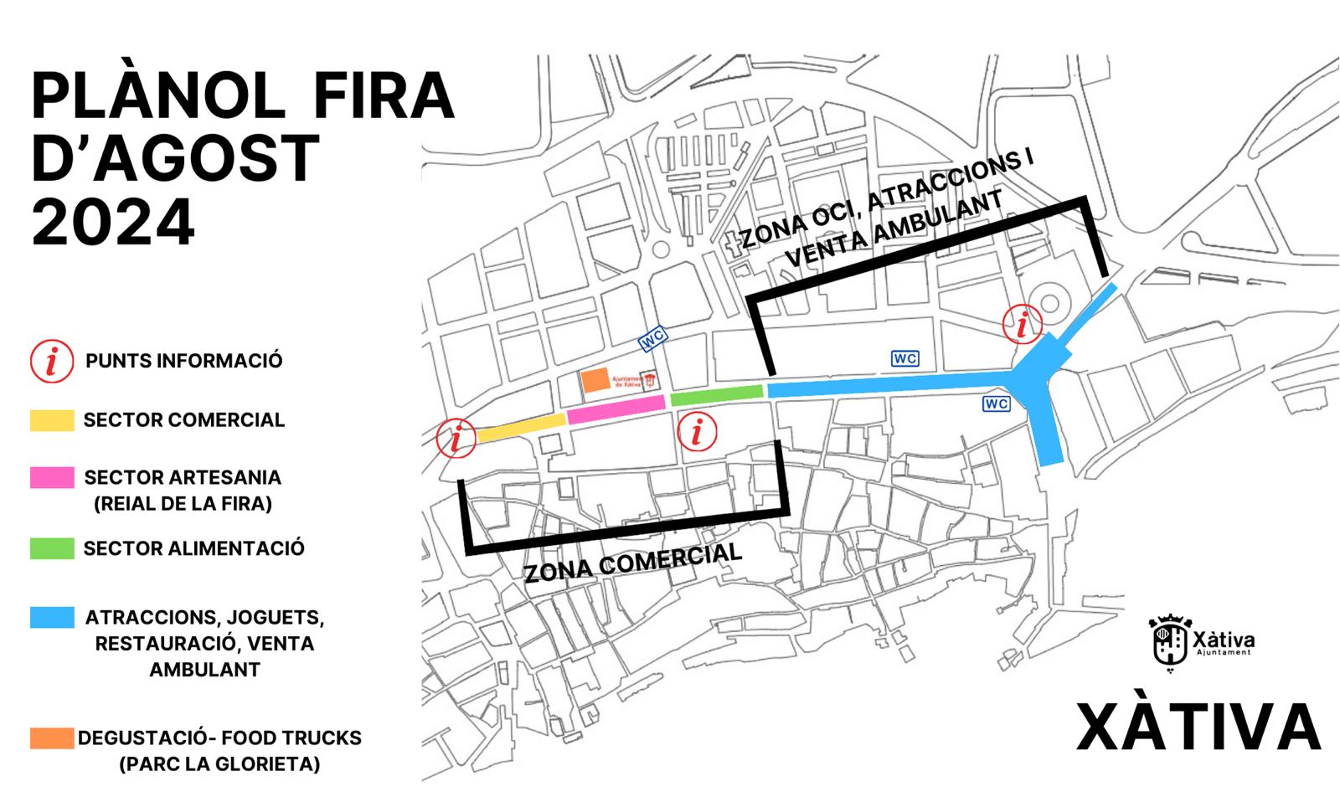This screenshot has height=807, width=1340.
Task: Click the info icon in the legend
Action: point(52,362)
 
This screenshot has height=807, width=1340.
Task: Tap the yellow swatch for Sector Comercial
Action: point(52,420)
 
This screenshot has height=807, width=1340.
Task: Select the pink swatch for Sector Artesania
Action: point(52,478)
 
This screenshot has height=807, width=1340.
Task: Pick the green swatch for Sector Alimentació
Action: point(52,548)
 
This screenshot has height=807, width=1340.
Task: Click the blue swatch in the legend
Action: point(52,618)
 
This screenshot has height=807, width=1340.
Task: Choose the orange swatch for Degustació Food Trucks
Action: point(52,738)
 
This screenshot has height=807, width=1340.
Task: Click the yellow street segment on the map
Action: point(521,426)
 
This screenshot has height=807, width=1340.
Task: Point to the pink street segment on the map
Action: point(616,409)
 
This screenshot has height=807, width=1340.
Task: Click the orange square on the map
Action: point(595,380)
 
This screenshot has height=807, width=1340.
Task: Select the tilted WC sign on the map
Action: point(653,340)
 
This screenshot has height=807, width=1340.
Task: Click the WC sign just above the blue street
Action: point(905,358)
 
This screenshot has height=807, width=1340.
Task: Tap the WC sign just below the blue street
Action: point(997,404)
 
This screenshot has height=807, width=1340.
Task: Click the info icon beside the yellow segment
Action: point(456,439)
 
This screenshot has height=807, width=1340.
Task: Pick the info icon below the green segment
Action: point(697,433)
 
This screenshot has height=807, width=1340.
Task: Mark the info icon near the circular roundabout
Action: point(1023,324)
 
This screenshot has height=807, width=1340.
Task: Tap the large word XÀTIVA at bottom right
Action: point(1198,727)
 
